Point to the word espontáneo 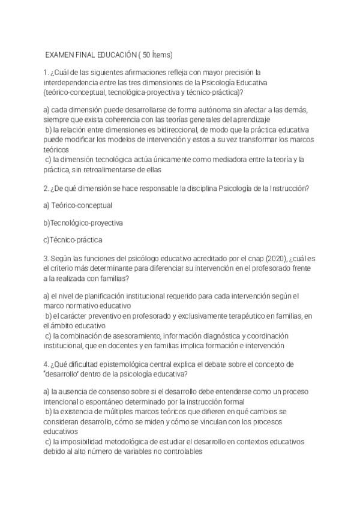click(x=103, y=401)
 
